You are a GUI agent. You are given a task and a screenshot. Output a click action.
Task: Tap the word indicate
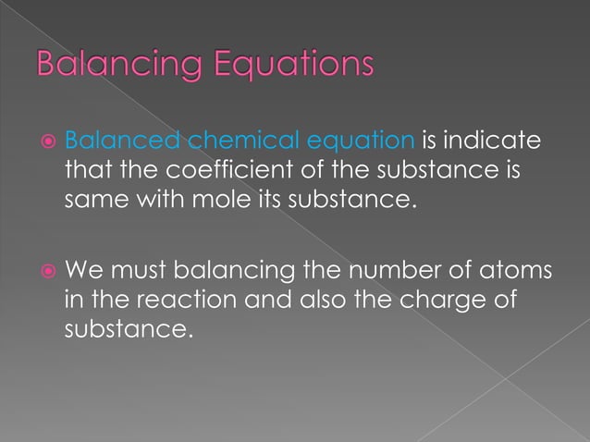[x=494, y=141]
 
